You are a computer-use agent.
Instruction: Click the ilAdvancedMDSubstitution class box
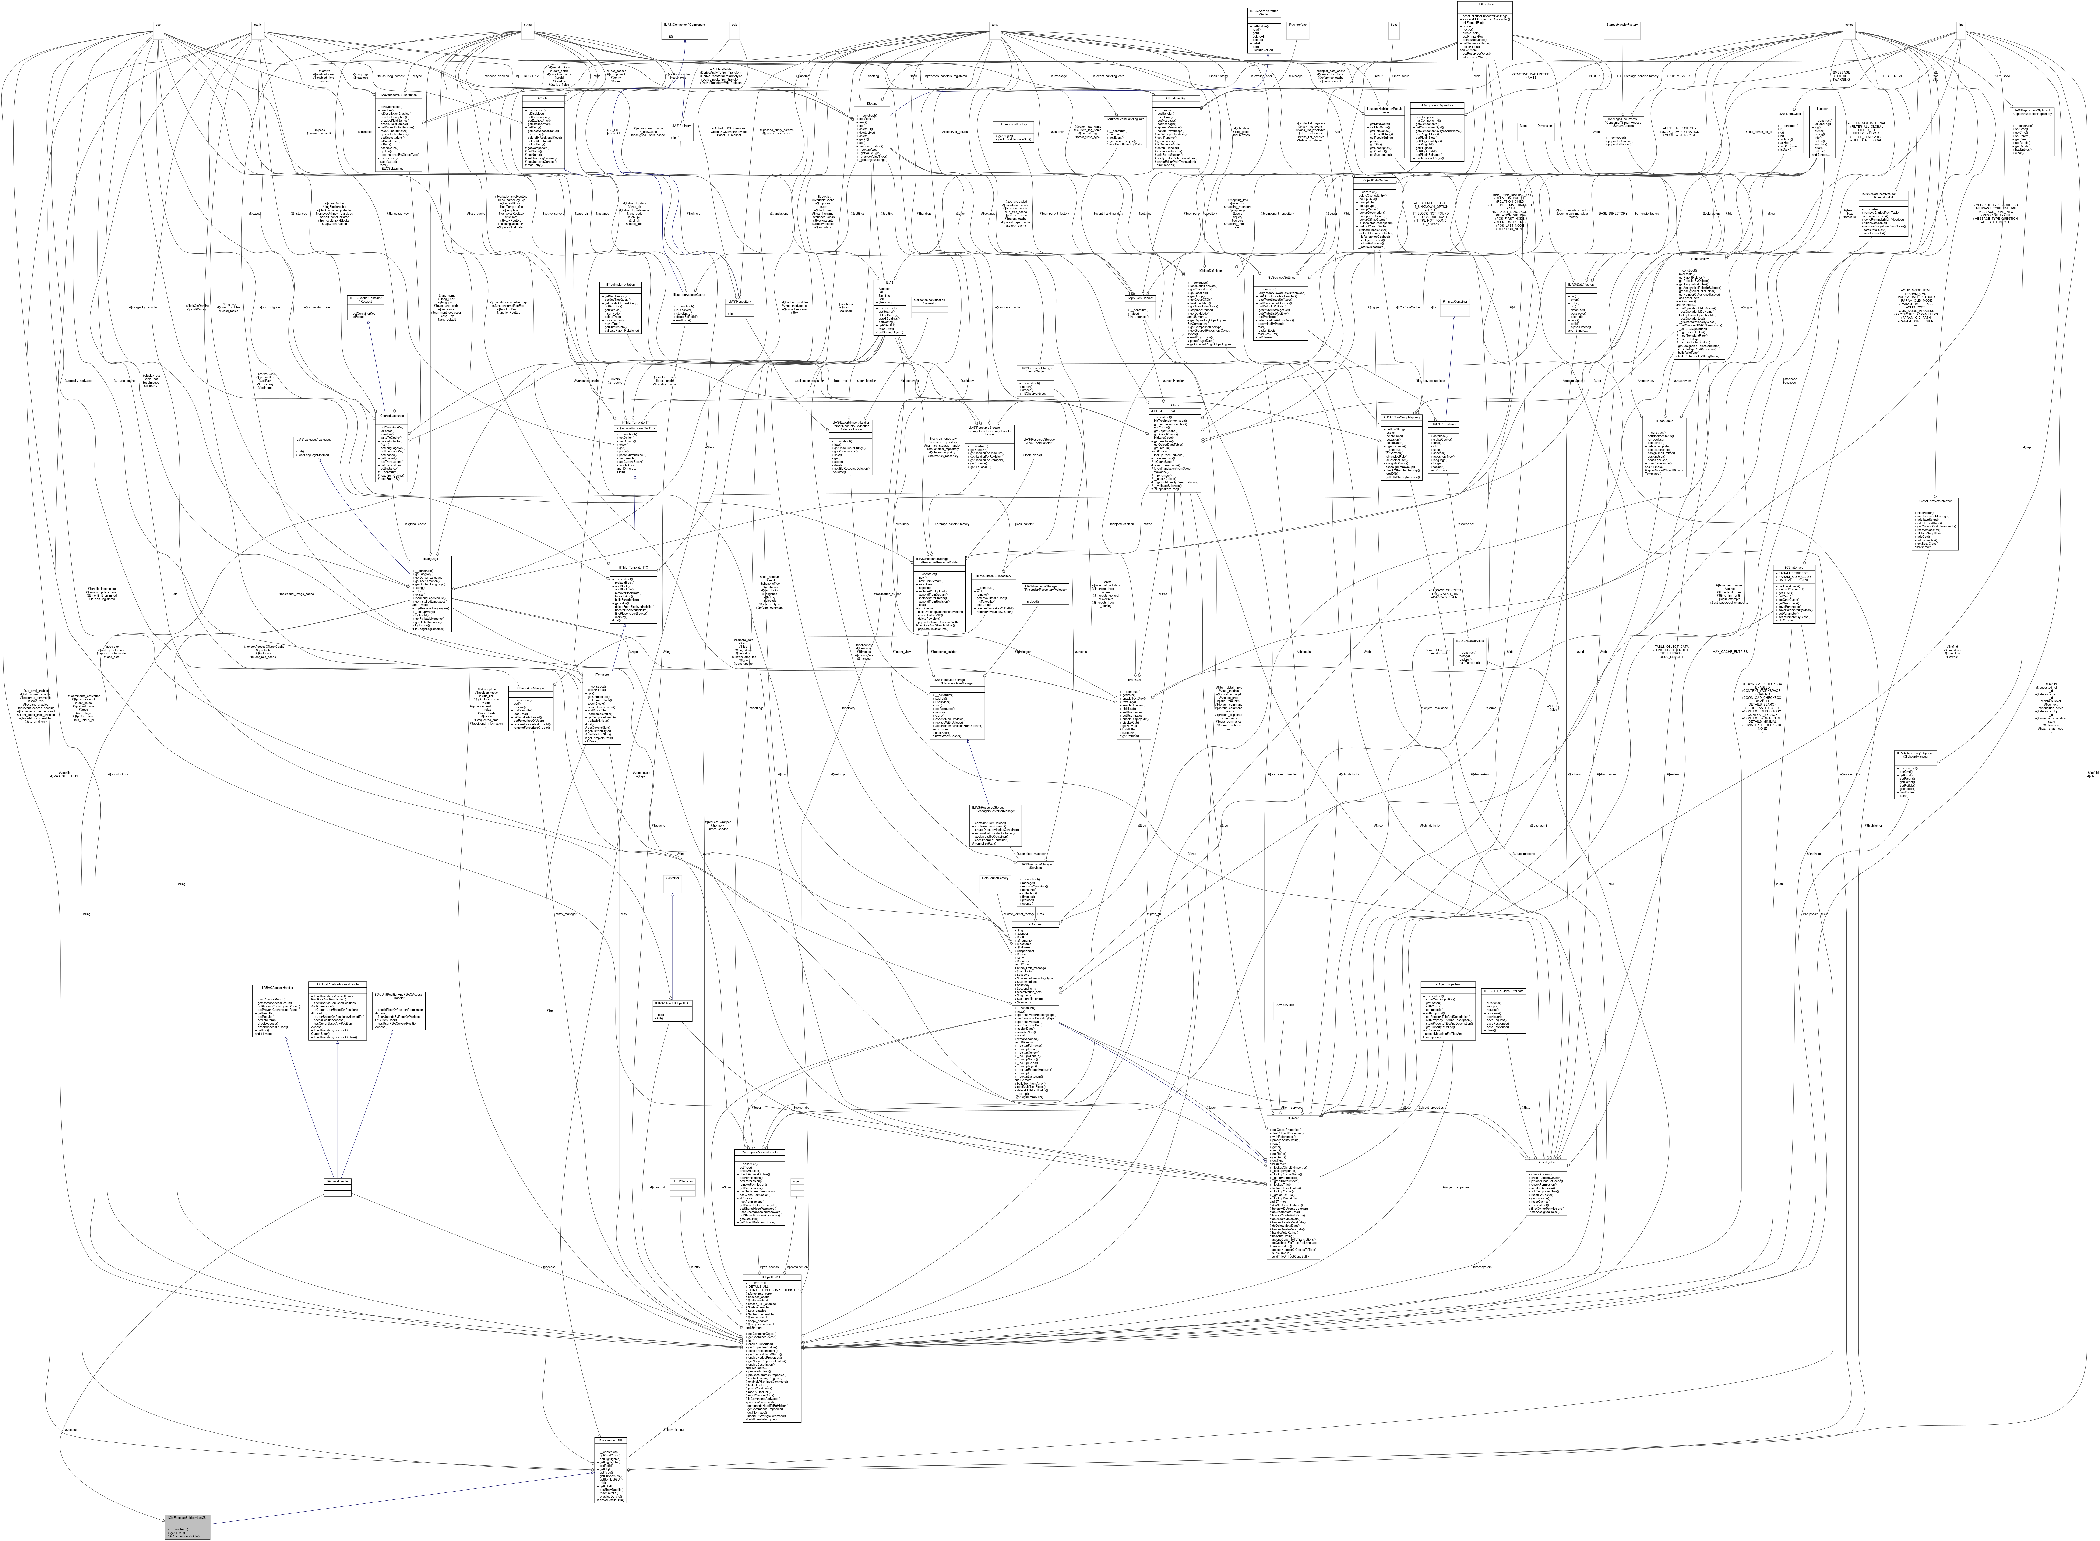coord(398,131)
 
